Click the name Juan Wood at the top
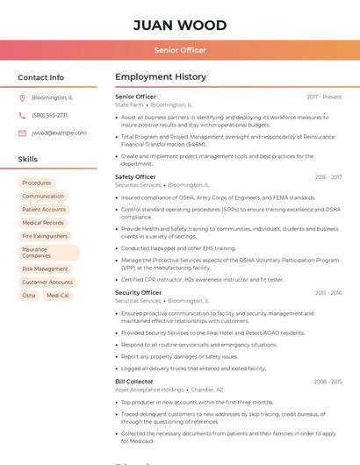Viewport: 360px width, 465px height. (180, 25)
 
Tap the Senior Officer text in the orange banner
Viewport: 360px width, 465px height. (180, 50)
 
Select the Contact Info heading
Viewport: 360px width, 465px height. (41, 77)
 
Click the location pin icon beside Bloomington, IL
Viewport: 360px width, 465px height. (22, 97)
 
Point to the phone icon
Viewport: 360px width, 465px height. (22, 115)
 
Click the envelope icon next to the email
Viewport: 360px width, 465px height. (22, 133)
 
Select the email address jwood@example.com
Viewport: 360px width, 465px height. (59, 133)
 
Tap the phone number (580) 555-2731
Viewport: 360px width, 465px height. (49, 115)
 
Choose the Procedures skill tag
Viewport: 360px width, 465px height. (37, 183)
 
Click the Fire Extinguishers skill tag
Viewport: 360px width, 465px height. (45, 236)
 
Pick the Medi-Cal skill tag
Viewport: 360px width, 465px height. (58, 296)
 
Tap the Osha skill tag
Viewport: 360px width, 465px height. (29, 296)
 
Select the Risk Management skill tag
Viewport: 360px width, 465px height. (45, 269)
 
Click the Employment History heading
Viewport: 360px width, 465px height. (161, 77)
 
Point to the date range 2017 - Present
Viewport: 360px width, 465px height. (324, 97)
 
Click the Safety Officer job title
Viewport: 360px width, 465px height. (135, 177)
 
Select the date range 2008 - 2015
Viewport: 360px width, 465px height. (328, 383)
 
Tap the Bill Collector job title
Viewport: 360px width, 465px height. (134, 383)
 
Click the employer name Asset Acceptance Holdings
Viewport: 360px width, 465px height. (149, 390)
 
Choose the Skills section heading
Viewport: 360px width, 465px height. (28, 160)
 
